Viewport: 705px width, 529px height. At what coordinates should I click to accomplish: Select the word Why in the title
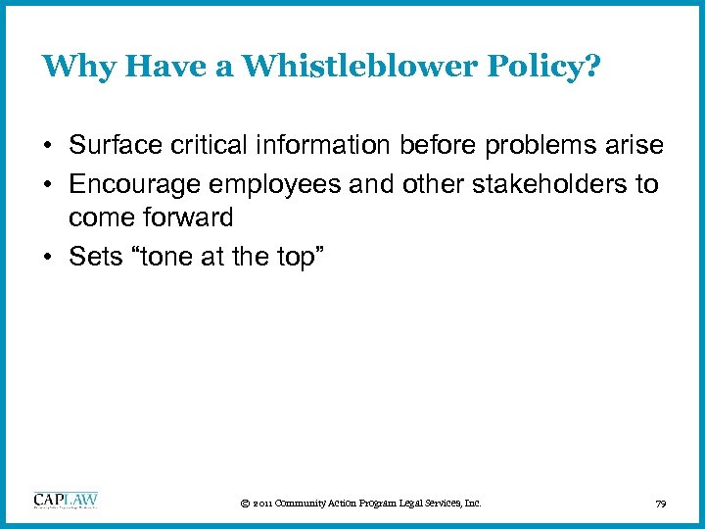click(70, 67)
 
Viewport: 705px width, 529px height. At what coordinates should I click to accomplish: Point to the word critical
click(212, 146)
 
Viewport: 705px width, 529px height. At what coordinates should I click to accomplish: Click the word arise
click(635, 146)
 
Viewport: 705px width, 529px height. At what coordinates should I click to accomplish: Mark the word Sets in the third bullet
click(93, 258)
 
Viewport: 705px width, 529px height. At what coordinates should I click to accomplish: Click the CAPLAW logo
click(66, 501)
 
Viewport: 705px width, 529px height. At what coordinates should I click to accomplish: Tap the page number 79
click(661, 504)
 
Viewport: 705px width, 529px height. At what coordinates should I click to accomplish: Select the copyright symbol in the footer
click(243, 504)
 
